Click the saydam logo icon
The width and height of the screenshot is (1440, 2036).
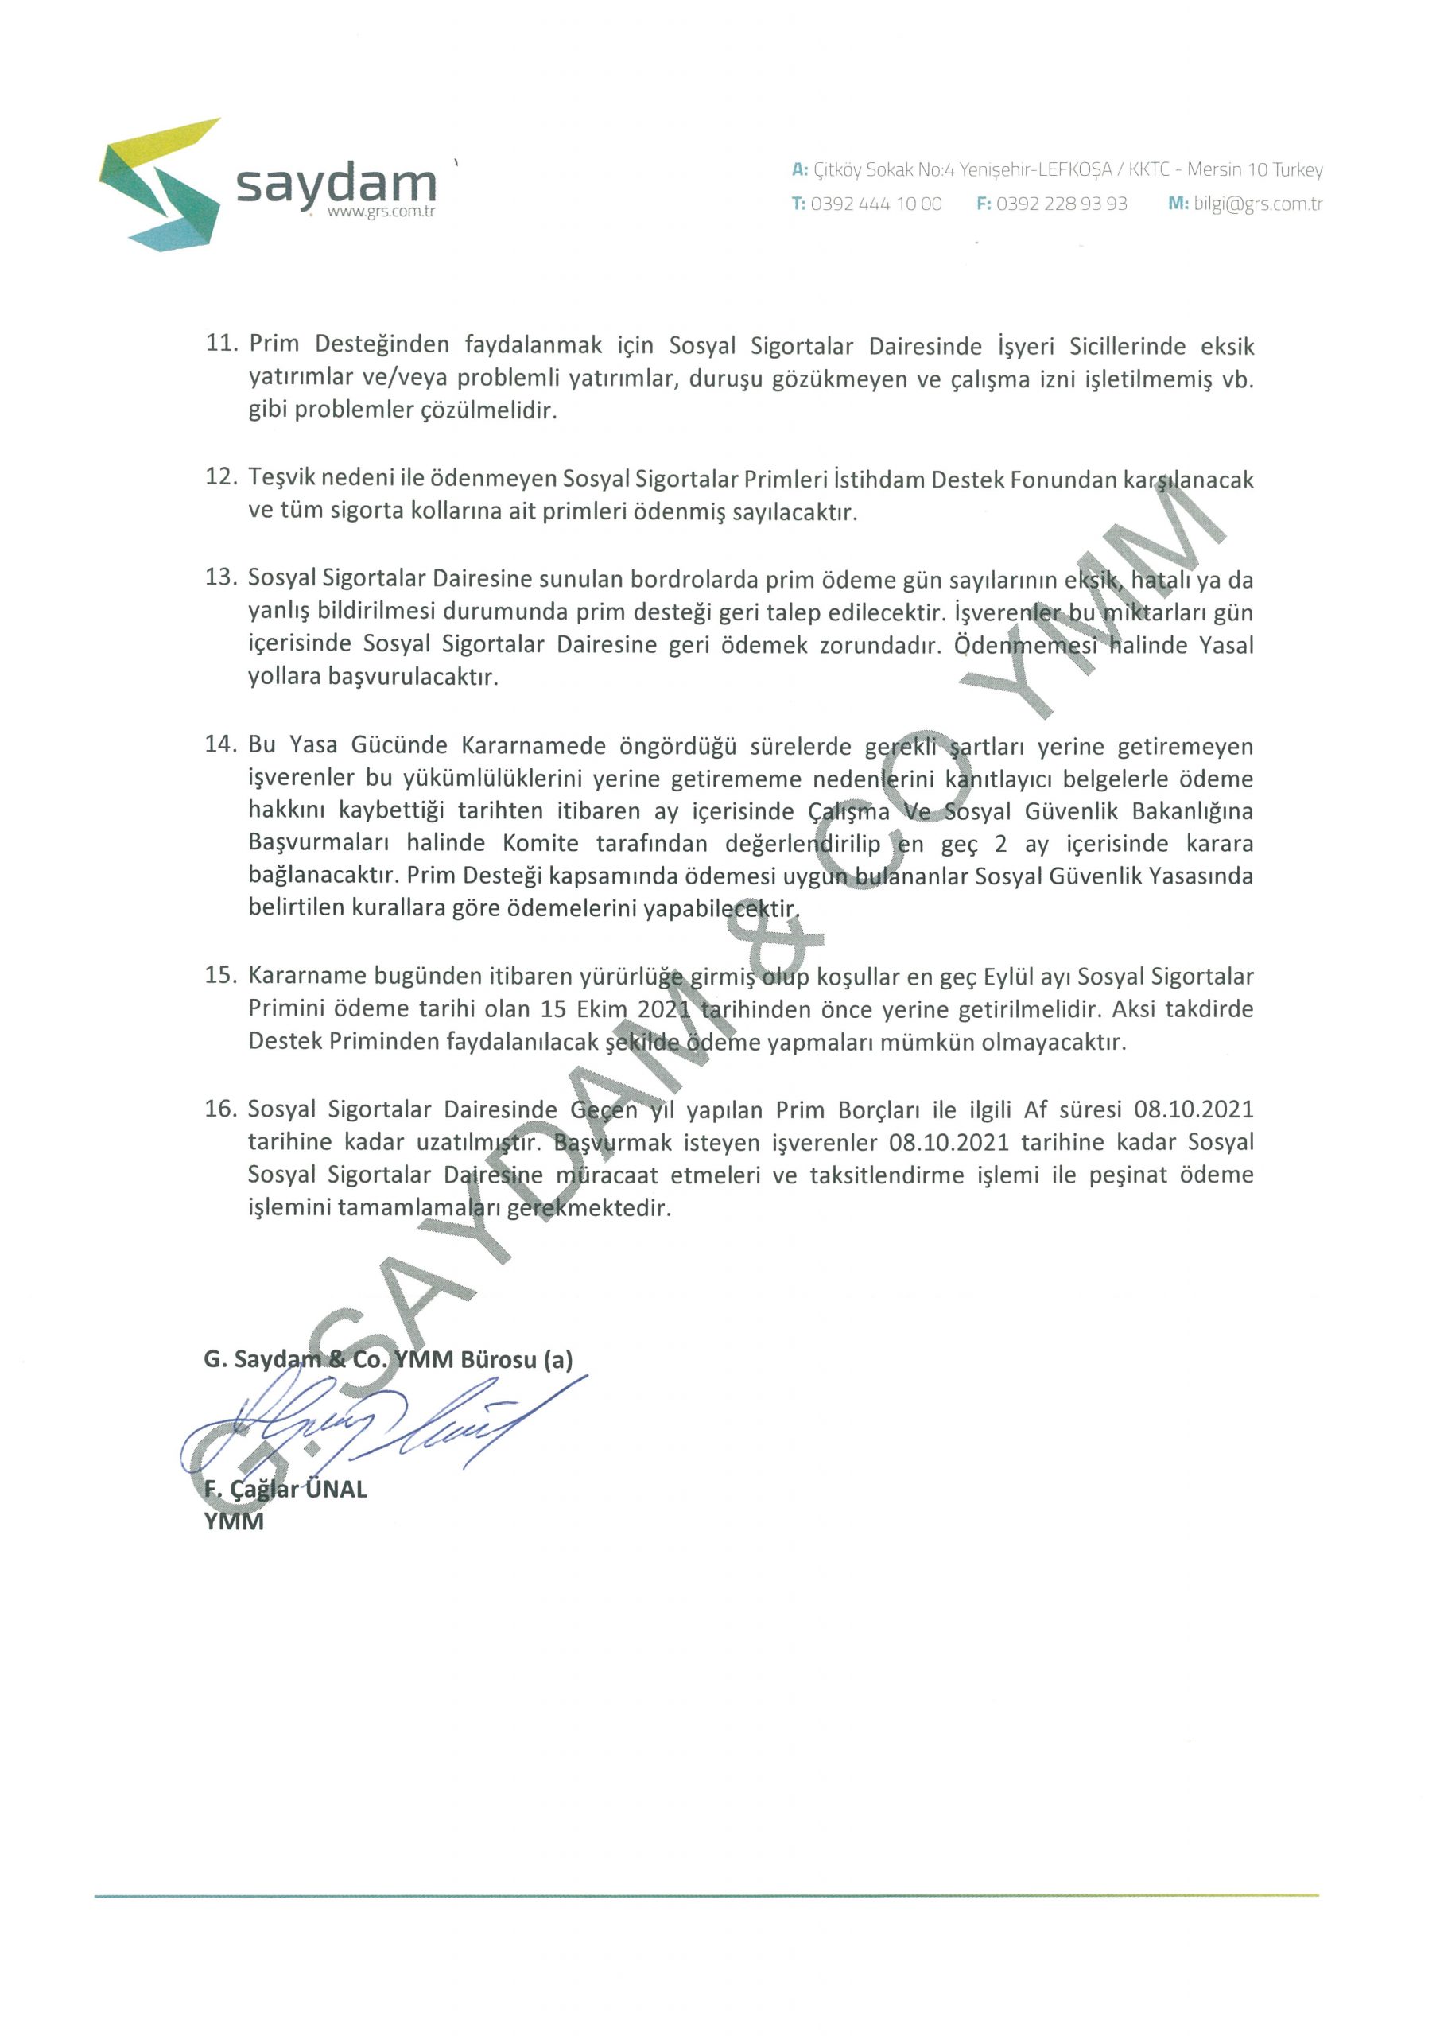[160, 184]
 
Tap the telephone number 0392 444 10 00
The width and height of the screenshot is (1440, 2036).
[875, 204]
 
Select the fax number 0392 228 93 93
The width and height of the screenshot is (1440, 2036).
[1061, 204]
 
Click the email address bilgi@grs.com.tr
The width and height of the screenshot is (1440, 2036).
[1257, 204]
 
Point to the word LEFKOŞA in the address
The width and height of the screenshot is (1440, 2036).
[1075, 169]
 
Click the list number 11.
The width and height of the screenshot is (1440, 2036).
[222, 344]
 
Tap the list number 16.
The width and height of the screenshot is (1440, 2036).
[222, 1109]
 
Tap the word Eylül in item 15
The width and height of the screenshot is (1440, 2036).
[1007, 977]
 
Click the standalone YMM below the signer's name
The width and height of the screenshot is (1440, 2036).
[234, 1521]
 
